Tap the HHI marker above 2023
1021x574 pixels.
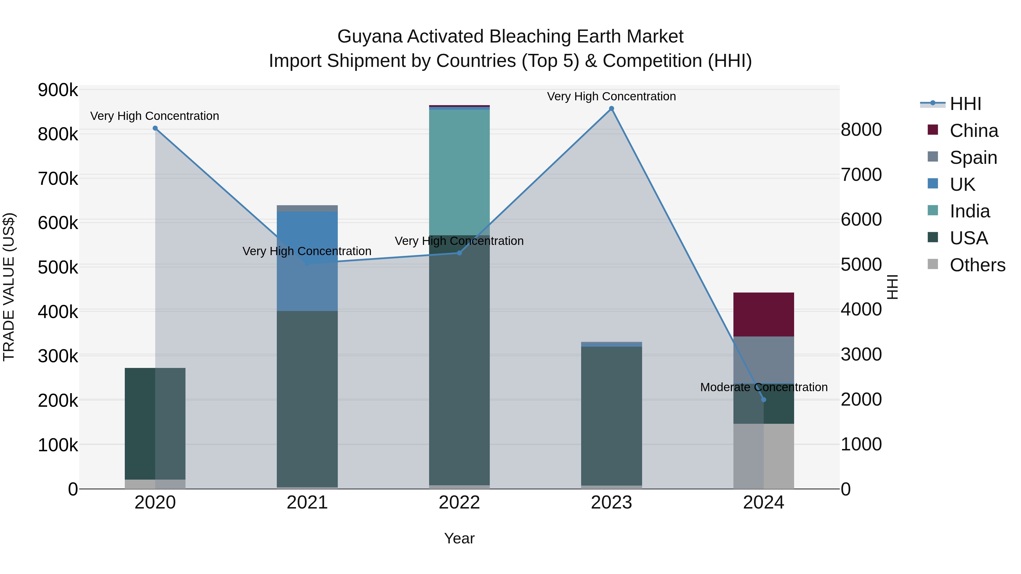click(x=611, y=109)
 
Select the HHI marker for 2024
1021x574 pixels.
click(x=763, y=400)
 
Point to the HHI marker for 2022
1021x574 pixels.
click(x=459, y=253)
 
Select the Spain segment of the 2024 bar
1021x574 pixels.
click(x=763, y=360)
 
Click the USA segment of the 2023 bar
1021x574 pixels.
click(x=611, y=416)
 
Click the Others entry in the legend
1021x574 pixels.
click(x=977, y=265)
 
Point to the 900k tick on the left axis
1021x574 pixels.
click(x=58, y=90)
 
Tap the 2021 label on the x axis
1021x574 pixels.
click(x=307, y=503)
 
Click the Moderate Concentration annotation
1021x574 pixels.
click(x=763, y=387)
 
